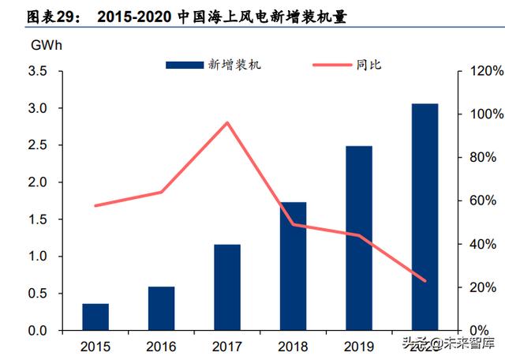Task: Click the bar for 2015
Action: tap(95, 317)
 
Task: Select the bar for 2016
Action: tap(161, 308)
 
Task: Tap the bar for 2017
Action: tap(227, 287)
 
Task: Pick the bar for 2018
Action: tap(293, 266)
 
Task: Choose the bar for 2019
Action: tap(359, 238)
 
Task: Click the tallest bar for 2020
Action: tap(425, 216)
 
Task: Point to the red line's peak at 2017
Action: tap(227, 122)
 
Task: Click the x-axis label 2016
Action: tap(161, 346)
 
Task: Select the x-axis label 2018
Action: tap(293, 346)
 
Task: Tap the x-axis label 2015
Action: tap(95, 346)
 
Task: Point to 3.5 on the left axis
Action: tap(37, 71)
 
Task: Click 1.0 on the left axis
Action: tap(37, 257)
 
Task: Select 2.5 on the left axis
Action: tap(37, 145)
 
